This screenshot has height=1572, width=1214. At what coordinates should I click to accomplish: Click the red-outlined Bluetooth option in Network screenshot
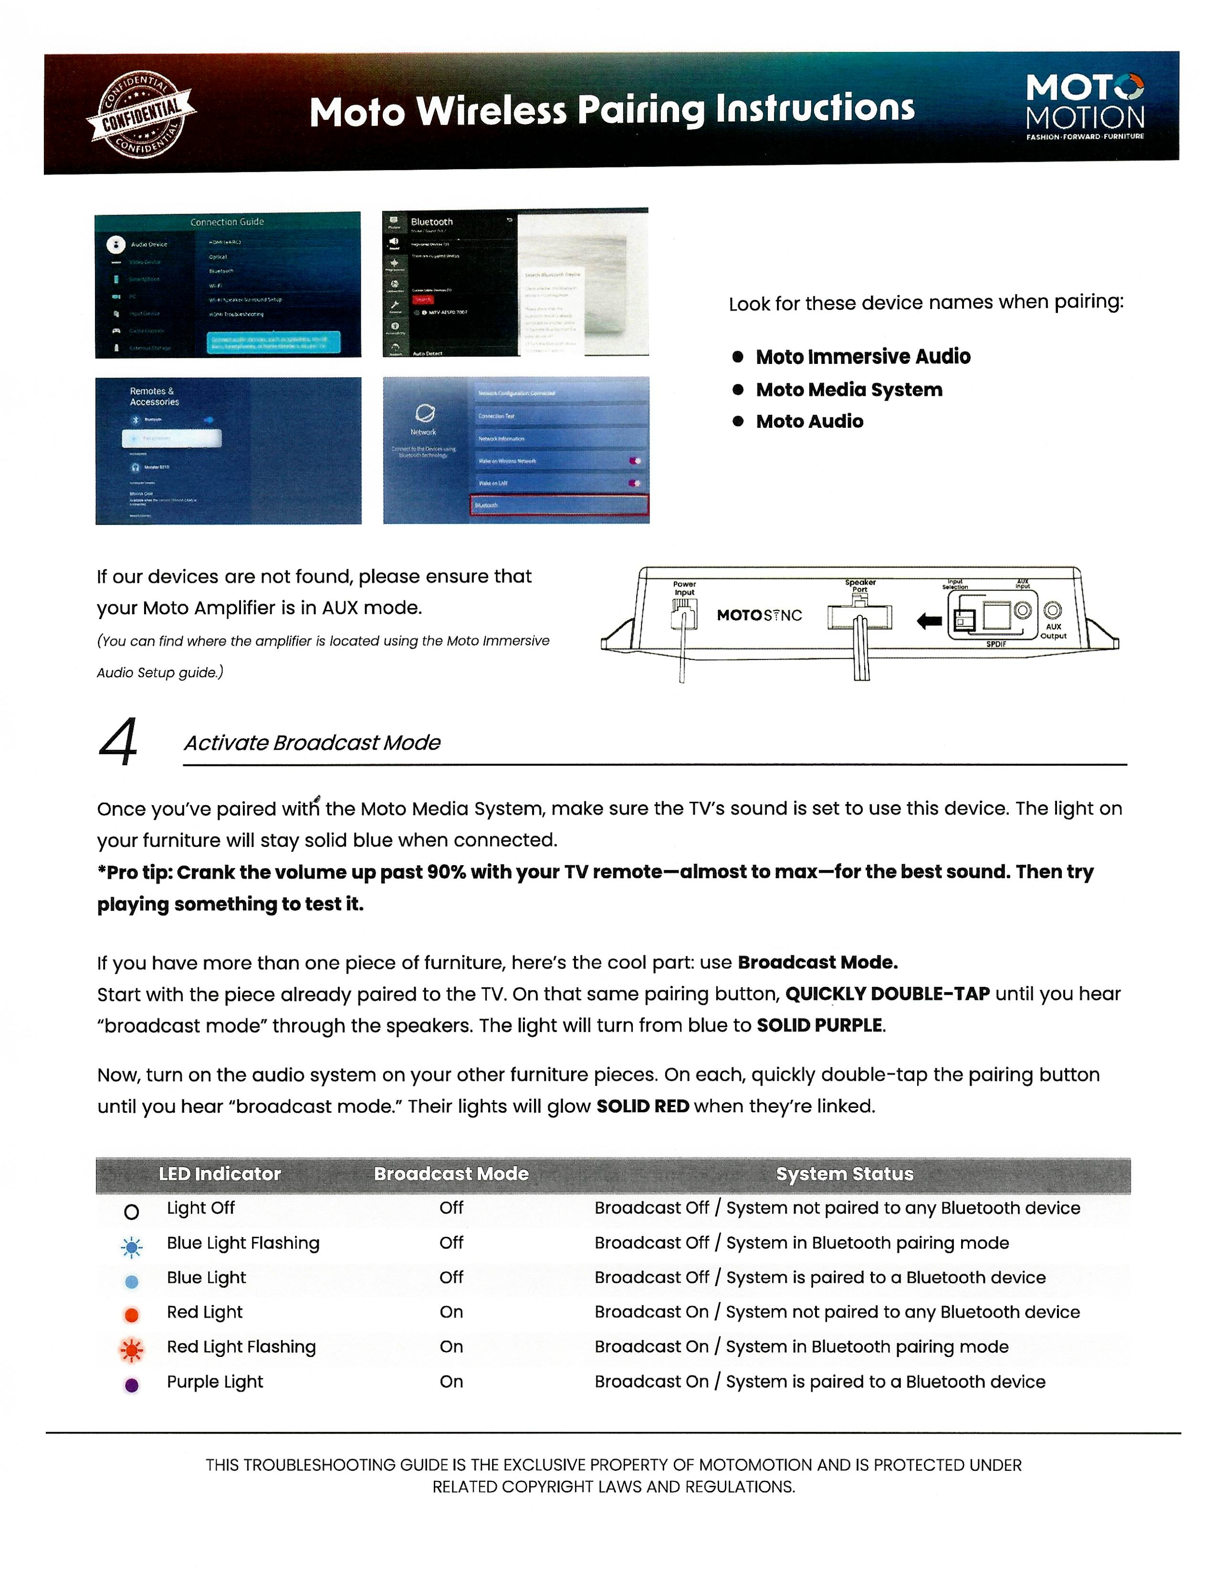coord(559,505)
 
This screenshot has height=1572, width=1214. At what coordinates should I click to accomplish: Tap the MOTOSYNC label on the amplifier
coord(759,615)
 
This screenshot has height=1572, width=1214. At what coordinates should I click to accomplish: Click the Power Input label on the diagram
coord(684,588)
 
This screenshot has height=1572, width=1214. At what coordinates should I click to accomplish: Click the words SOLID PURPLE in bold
coord(819,1025)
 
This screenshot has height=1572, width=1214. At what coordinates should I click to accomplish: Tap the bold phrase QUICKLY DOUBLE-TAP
coord(887,993)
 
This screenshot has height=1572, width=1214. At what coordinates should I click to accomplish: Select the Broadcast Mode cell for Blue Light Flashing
coord(451,1242)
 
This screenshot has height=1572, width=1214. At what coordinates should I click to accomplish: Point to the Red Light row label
coord(205,1312)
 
